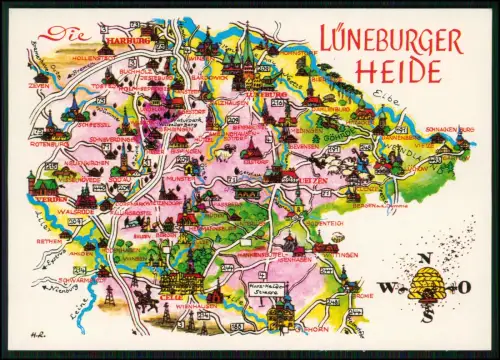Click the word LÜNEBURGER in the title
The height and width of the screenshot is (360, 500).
point(391,41)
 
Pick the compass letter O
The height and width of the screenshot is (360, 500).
point(463,287)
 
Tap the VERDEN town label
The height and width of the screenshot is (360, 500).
point(45,199)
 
